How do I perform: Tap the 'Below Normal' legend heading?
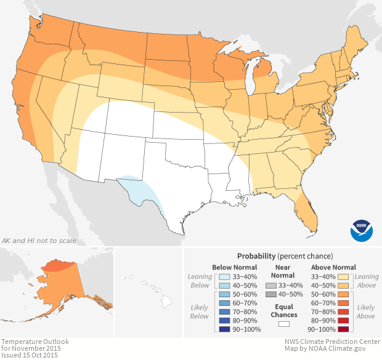[235, 268]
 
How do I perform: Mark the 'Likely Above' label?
[365, 311]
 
